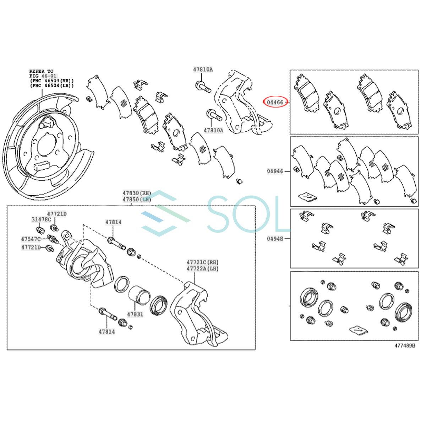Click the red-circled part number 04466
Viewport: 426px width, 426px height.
[x=275, y=102]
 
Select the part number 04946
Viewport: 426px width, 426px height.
[x=275, y=171]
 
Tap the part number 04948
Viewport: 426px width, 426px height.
[x=275, y=239]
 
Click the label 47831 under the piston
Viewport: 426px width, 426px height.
[x=135, y=314]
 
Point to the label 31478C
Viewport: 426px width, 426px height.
[x=41, y=219]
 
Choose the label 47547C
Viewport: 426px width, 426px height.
[x=31, y=239]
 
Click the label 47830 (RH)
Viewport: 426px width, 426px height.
[x=137, y=193]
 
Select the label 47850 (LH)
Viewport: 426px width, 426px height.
[x=137, y=200]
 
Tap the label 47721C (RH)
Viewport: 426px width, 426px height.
[x=202, y=262]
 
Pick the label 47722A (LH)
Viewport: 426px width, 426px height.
[x=202, y=269]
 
